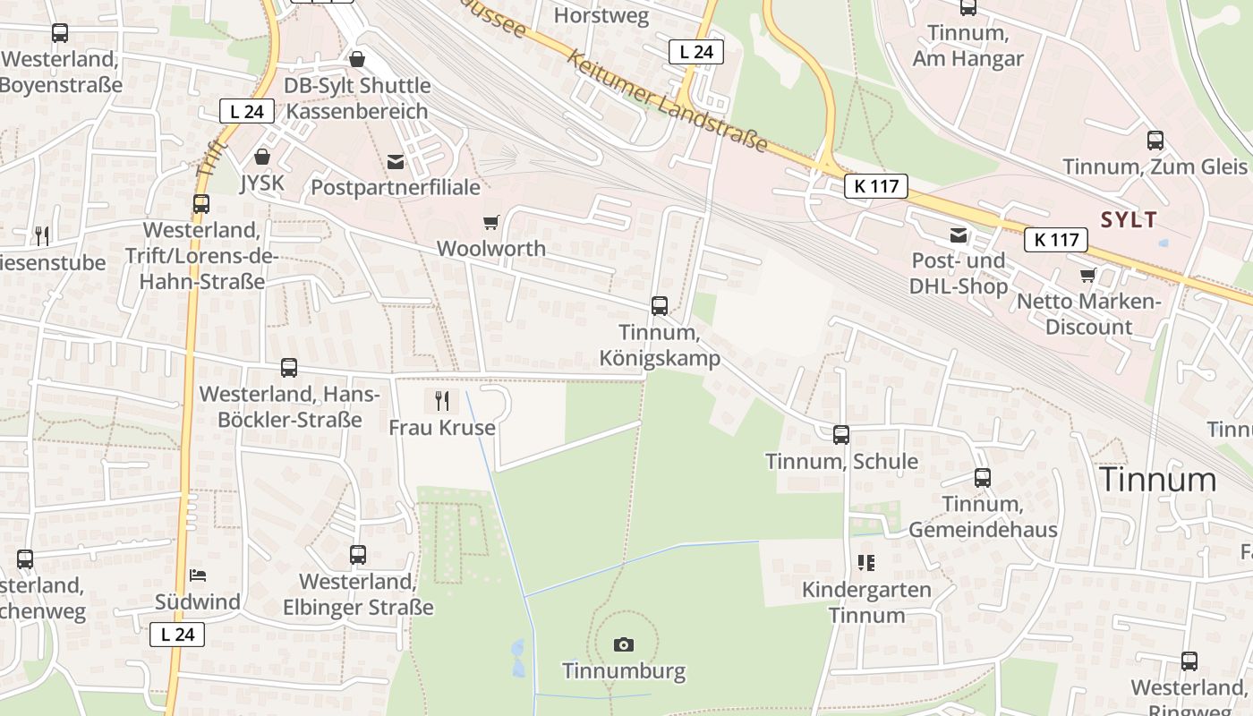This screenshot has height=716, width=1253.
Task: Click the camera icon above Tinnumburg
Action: tap(624, 644)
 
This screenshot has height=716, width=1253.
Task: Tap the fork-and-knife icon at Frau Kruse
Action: tap(441, 400)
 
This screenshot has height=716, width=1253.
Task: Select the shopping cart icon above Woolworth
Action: tap(490, 222)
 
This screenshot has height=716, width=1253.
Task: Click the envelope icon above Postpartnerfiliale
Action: tap(395, 162)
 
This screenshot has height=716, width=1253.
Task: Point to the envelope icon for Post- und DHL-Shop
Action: tap(959, 235)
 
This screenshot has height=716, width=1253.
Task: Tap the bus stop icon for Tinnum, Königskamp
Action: tap(660, 306)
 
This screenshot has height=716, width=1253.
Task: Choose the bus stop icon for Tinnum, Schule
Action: tap(841, 435)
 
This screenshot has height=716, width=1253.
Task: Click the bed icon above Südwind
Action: tap(198, 575)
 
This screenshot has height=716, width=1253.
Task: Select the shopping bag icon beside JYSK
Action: tap(262, 157)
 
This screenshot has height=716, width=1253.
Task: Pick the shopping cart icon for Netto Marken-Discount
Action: tap(1088, 275)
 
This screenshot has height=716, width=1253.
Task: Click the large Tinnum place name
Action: tap(1158, 480)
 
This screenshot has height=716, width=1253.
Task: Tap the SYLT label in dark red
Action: tap(1129, 220)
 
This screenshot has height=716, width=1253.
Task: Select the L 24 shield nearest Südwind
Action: tap(177, 635)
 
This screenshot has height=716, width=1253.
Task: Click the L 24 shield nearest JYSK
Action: tap(246, 112)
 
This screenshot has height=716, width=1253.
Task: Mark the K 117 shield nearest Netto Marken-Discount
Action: tap(1056, 240)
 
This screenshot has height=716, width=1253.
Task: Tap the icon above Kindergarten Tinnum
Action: tap(865, 563)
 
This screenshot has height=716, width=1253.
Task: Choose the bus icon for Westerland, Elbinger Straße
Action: tap(358, 555)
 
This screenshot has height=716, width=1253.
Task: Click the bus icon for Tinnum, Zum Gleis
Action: tap(1155, 141)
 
